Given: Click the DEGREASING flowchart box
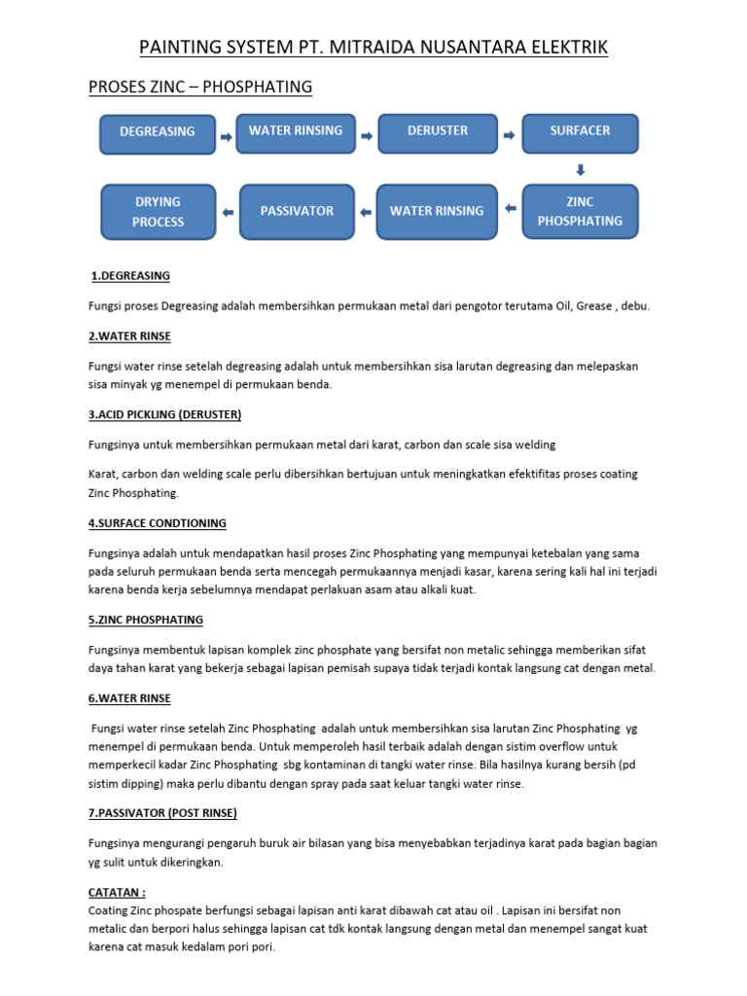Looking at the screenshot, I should pyautogui.click(x=158, y=133).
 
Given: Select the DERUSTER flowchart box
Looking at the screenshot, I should pyautogui.click(x=437, y=133).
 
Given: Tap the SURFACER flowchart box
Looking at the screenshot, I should pyautogui.click(x=580, y=133).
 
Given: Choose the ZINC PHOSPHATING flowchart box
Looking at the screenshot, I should pyautogui.click(x=580, y=211).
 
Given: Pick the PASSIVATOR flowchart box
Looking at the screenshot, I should pyautogui.click(x=297, y=211).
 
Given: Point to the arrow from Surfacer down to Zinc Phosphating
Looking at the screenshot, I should pyautogui.click(x=581, y=169).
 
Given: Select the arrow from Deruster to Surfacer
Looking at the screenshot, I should pyautogui.click(x=508, y=137).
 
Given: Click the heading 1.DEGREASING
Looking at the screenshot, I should pyautogui.click(x=130, y=276).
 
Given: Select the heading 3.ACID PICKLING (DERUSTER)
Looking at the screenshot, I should pyautogui.click(x=164, y=414).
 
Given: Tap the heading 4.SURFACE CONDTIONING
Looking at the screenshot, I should pyautogui.click(x=158, y=523).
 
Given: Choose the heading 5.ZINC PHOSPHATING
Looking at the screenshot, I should pyautogui.click(x=146, y=620).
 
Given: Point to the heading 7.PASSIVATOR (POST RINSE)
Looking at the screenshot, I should pyautogui.click(x=162, y=812).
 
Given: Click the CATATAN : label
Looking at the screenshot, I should pyautogui.click(x=117, y=891).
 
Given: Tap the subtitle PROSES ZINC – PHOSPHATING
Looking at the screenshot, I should pyautogui.click(x=200, y=88).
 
